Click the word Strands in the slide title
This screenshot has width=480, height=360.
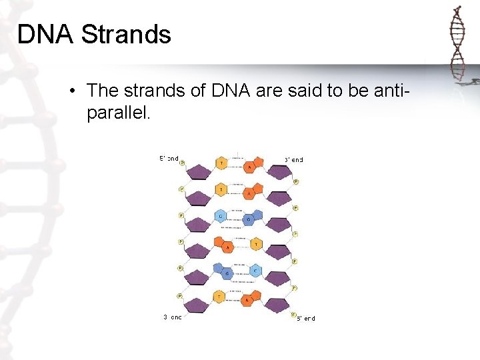tap(126, 34)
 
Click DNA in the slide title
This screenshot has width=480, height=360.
tap(45, 34)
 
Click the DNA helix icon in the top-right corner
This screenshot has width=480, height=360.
tap(457, 44)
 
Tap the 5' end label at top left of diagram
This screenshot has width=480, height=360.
tap(169, 159)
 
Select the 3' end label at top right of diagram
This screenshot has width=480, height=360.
tap(294, 160)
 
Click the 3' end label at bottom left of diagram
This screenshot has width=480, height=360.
tap(173, 317)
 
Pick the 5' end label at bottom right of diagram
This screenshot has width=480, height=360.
tap(306, 319)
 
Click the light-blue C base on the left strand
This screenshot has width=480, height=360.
tap(221, 217)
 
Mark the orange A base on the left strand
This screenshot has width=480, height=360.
tap(229, 246)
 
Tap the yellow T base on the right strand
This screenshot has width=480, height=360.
tap(255, 245)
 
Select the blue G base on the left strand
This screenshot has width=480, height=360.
tap(228, 273)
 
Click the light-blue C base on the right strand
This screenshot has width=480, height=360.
tap(255, 271)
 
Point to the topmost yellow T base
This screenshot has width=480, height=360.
tap(221, 163)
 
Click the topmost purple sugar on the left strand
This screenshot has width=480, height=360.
tap(197, 172)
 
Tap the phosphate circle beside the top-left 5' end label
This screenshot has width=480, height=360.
tap(181, 163)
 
